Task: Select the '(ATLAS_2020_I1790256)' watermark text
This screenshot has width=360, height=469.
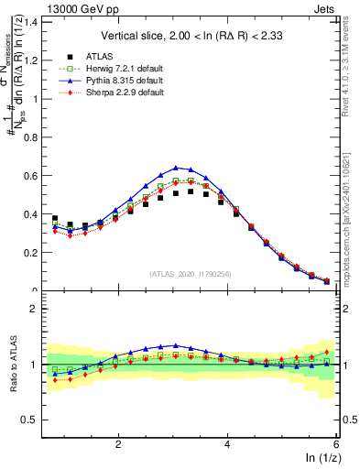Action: click(x=191, y=274)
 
